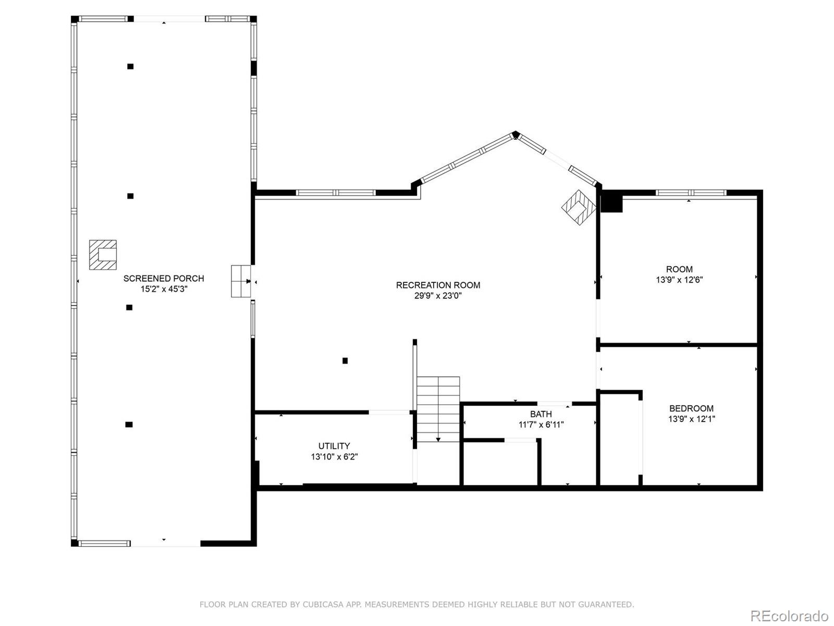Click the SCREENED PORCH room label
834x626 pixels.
click(x=164, y=279)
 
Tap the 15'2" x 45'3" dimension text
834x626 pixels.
click(x=164, y=289)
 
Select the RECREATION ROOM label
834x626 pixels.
click(x=438, y=285)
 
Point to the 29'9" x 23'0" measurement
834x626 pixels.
click(x=438, y=295)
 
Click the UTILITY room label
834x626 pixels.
click(x=334, y=446)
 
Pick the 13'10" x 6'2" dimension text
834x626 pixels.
click(x=334, y=457)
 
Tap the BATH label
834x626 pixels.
click(x=541, y=414)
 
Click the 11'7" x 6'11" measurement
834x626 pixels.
click(x=541, y=425)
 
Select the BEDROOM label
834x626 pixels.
click(x=691, y=408)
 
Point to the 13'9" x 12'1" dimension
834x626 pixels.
click(x=691, y=419)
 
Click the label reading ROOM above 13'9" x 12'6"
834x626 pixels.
click(x=679, y=269)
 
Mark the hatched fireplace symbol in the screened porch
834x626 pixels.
click(x=103, y=255)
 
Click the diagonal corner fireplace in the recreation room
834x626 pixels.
click(x=579, y=207)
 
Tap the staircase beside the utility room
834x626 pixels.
click(x=438, y=409)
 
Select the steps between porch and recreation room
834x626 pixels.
click(x=241, y=281)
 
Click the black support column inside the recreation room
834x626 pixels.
click(x=345, y=360)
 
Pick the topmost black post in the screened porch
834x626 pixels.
click(x=130, y=66)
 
